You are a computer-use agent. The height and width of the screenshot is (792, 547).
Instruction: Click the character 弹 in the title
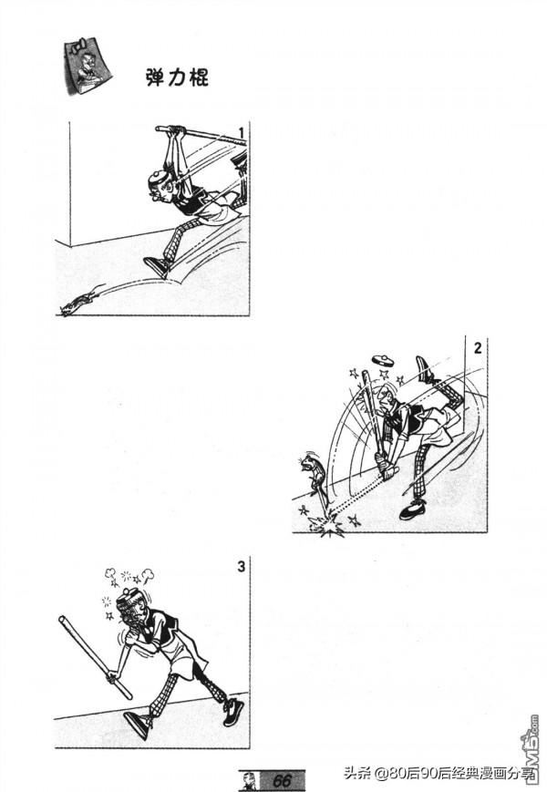click(x=156, y=77)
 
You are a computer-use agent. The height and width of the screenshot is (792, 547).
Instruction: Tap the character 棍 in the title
click(x=198, y=77)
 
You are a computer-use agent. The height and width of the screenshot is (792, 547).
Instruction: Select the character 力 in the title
click(x=177, y=77)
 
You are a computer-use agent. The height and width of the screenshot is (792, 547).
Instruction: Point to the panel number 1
click(x=241, y=133)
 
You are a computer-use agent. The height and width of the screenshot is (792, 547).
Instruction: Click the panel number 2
click(x=478, y=347)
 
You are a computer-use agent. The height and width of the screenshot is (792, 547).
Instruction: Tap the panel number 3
click(x=241, y=567)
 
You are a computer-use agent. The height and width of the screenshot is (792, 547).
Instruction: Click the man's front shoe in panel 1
click(x=158, y=267)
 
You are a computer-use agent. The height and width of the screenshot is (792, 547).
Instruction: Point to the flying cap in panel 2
click(x=383, y=360)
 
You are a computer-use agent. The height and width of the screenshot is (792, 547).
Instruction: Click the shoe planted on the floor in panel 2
click(x=413, y=510)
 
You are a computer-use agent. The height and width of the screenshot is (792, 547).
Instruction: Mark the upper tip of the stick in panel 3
click(x=62, y=619)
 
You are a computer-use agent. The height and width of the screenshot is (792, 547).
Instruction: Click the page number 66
click(x=282, y=780)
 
